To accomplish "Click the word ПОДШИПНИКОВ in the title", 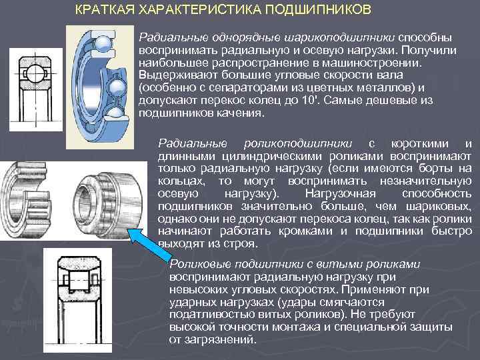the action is [318, 9].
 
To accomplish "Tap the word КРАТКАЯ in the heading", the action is [105, 9].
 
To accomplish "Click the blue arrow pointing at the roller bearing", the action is [150, 245].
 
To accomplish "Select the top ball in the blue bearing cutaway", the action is [103, 44].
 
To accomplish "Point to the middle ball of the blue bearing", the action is [117, 88].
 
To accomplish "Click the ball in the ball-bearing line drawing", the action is [35, 73].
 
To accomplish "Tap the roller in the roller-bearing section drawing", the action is [79, 281].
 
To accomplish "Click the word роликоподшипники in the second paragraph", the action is [298, 143].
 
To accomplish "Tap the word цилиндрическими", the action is [272, 156].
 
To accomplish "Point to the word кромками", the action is [305, 231].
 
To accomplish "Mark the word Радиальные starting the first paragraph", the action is [173, 37].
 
